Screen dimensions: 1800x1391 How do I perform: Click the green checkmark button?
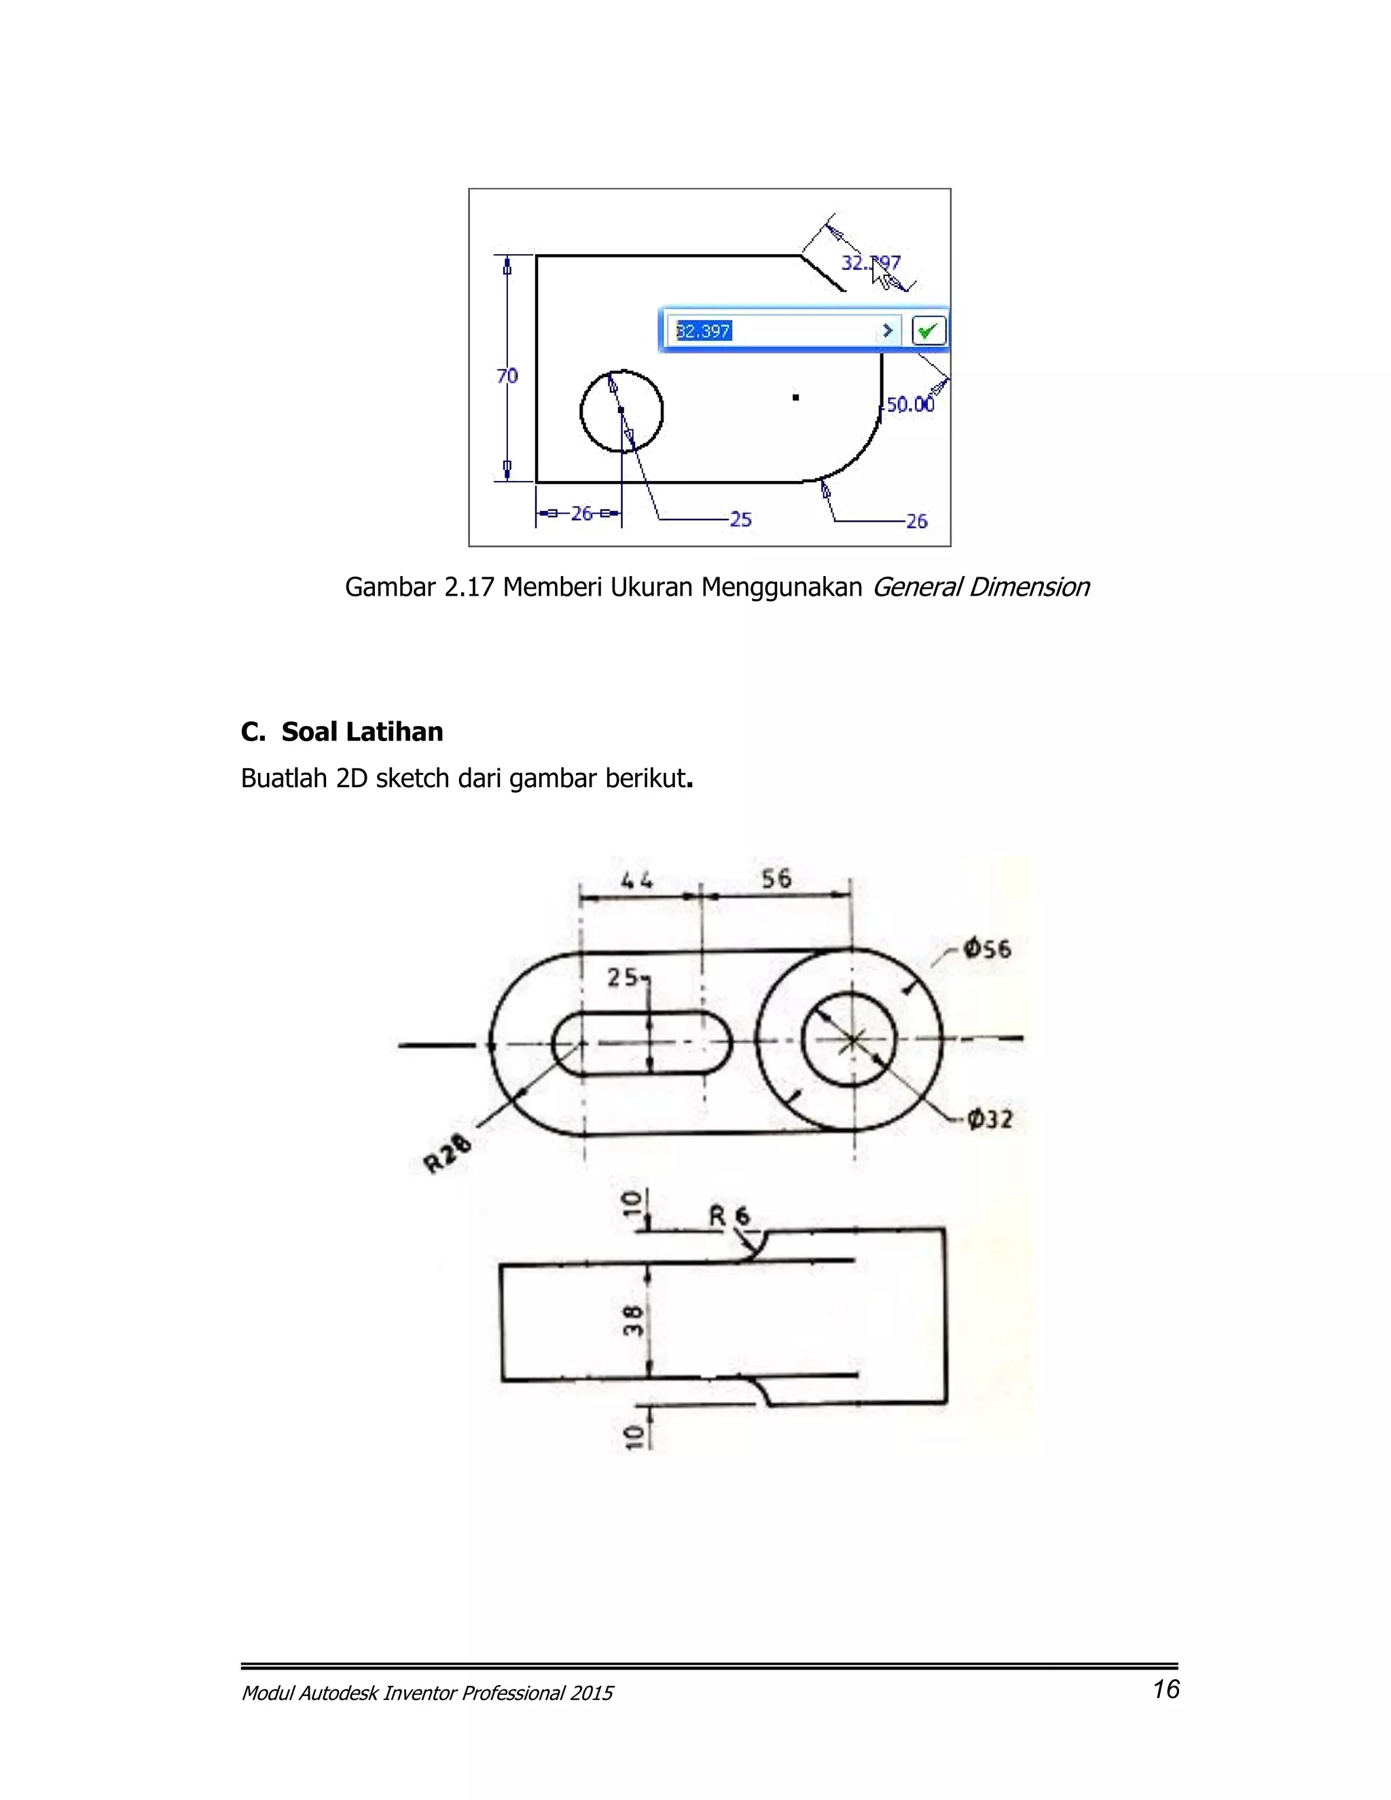point(928,331)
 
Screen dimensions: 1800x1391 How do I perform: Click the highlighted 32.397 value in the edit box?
point(703,331)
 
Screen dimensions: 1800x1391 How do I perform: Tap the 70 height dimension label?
point(507,376)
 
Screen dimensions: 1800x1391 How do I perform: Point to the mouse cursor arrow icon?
point(882,275)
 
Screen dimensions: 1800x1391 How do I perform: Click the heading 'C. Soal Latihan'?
point(342,731)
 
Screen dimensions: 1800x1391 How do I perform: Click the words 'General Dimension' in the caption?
point(980,587)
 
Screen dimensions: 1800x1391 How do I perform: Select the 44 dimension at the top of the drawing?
point(637,881)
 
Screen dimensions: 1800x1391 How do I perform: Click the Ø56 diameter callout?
point(987,949)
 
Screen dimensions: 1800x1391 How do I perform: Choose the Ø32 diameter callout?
point(990,1119)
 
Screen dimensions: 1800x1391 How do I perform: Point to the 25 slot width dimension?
point(623,977)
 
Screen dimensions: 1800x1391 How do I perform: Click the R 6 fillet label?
point(730,1216)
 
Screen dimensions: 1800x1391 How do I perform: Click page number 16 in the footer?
point(1166,1689)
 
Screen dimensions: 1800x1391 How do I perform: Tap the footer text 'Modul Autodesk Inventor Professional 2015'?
point(427,1693)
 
